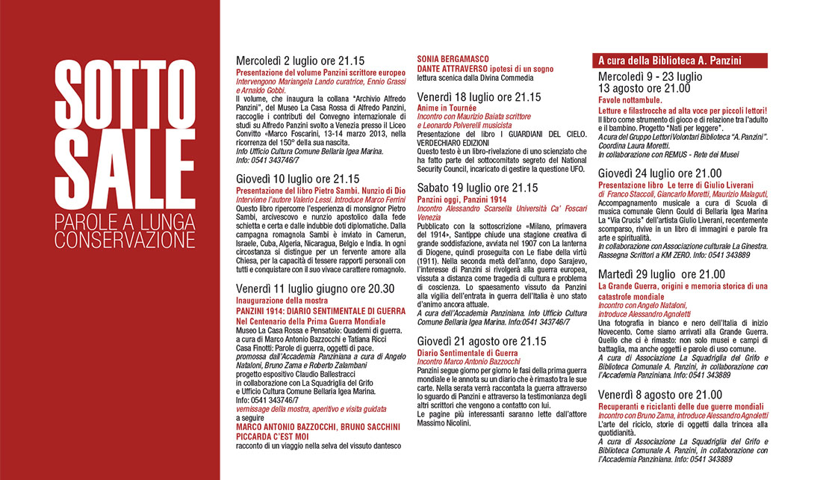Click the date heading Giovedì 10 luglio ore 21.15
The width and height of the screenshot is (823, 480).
point(297,179)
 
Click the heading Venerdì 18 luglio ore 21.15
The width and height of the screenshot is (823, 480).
point(478,97)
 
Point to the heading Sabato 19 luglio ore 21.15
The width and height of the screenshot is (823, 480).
point(477,188)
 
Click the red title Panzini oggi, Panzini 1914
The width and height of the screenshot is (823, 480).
point(462,200)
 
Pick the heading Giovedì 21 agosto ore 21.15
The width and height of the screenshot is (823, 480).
point(481,341)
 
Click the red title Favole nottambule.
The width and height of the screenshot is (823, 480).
point(630,99)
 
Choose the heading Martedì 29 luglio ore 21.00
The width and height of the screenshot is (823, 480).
point(662,274)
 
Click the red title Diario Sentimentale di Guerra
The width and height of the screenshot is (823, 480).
point(468,352)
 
